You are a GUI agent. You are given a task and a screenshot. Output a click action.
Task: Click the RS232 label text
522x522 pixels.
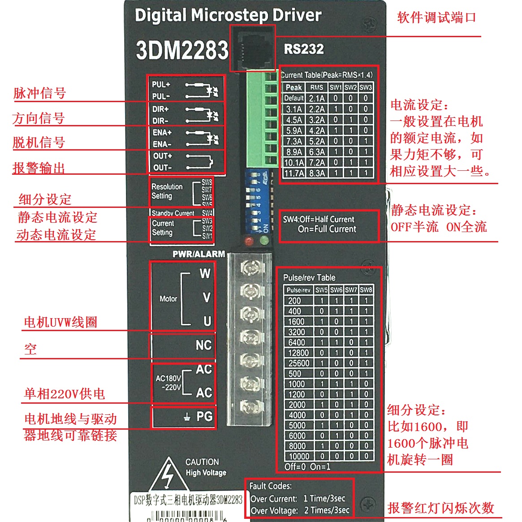tap(304, 49)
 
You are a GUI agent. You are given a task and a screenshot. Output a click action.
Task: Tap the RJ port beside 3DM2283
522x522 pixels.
tap(252, 48)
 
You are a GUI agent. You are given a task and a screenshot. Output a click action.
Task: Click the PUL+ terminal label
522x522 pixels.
tap(161, 84)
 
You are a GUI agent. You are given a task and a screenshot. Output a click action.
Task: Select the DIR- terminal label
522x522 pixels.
tap(160, 121)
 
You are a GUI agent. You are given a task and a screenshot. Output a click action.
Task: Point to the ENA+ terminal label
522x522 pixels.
tap(162, 133)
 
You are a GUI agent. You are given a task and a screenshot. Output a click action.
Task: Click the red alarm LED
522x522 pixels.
tap(249, 242)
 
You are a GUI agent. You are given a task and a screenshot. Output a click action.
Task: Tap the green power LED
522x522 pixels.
tap(264, 242)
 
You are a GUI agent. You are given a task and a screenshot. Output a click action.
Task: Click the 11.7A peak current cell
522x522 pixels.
tap(294, 173)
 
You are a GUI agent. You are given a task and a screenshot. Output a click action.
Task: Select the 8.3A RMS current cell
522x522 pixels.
tap(317, 173)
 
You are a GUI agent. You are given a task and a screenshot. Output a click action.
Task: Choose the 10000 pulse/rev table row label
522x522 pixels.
tap(299, 456)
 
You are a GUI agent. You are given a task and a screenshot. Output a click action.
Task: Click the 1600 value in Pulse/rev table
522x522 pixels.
tap(296, 322)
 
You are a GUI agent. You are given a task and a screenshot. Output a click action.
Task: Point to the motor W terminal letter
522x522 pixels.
tap(205, 273)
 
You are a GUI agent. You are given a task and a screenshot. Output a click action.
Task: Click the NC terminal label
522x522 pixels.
tap(203, 345)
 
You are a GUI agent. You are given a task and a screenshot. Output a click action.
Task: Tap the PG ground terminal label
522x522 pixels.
tap(204, 417)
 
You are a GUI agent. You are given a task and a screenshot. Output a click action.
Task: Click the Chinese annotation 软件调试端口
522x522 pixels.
tap(436, 18)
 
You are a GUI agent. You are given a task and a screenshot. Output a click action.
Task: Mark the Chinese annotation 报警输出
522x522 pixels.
tap(39, 168)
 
